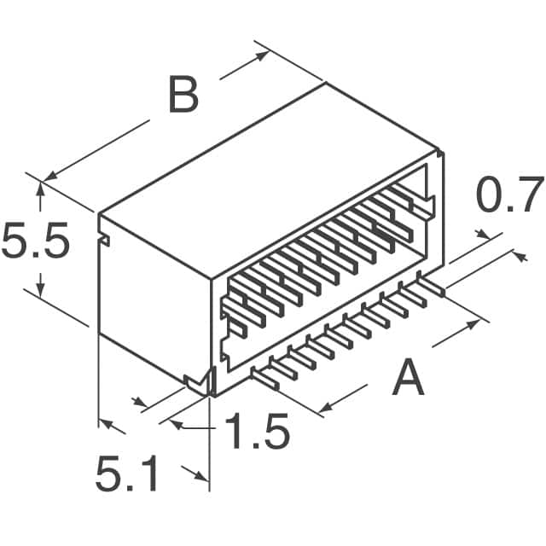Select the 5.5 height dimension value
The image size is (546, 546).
coord(34,241)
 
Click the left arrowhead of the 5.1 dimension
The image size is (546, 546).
coord(105,422)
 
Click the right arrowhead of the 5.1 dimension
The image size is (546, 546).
coord(202,478)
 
